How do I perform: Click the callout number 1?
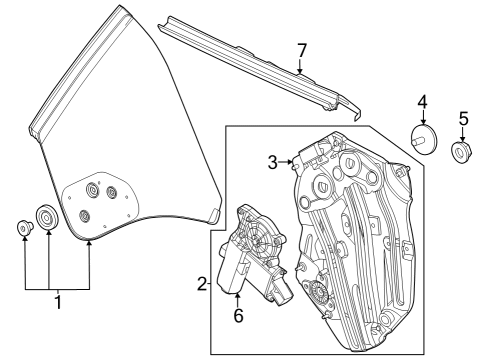tap(58, 301)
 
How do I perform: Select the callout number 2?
tap(203, 285)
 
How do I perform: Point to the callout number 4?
tap(422, 101)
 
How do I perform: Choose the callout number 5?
tap(462, 119)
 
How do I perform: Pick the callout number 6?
tap(237, 316)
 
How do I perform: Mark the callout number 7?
tap(301, 50)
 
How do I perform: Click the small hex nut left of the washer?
tap(23, 229)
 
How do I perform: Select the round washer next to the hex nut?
tap(46, 217)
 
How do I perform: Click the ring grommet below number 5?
tap(462, 152)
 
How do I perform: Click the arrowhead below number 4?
tap(422, 122)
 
